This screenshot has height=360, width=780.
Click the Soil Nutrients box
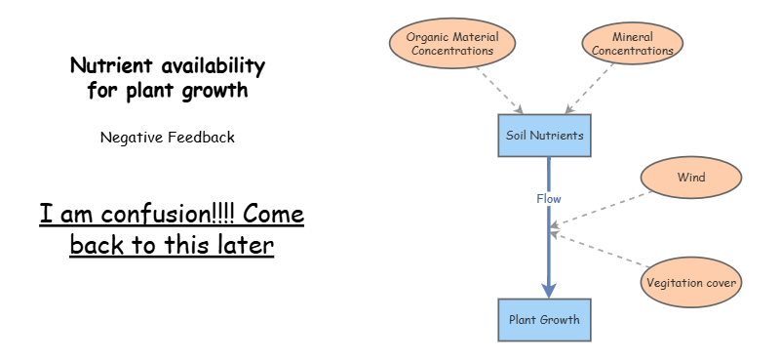(x=545, y=135)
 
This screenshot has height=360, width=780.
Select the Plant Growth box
(x=545, y=319)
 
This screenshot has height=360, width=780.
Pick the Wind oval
(x=690, y=178)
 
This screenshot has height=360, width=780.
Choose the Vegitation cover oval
(x=691, y=283)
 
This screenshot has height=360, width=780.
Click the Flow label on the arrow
(x=549, y=198)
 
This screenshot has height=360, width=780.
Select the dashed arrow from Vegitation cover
(x=600, y=250)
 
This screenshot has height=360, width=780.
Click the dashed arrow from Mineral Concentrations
(x=592, y=88)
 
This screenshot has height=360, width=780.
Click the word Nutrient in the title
(x=105, y=66)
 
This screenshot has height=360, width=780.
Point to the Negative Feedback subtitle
(x=167, y=138)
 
